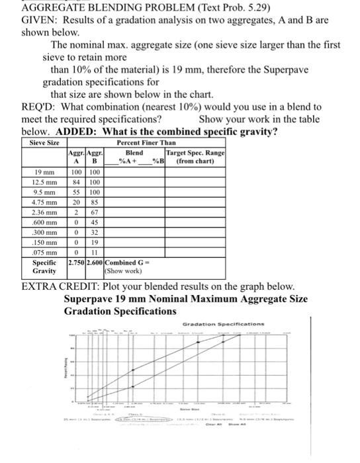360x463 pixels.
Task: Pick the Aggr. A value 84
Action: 76,183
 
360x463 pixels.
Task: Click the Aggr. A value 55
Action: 76,192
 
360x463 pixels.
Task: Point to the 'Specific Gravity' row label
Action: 44,267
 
